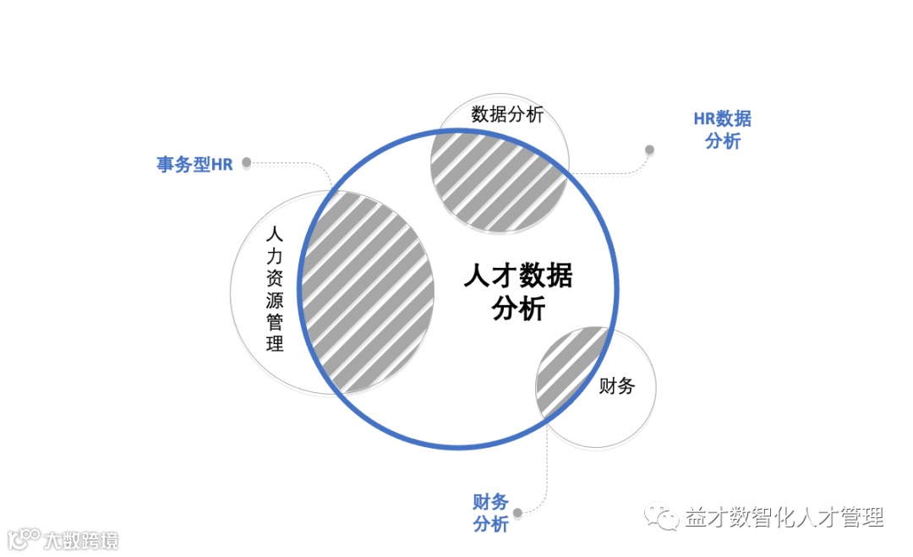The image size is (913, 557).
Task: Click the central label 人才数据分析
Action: click(518, 292)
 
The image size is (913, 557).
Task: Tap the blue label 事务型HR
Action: click(194, 165)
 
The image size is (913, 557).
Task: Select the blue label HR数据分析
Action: click(722, 130)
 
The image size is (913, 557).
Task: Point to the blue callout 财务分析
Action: click(490, 513)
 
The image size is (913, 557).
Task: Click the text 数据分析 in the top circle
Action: click(507, 115)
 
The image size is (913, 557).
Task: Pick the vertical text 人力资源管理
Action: click(273, 288)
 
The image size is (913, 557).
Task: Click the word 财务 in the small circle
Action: click(616, 387)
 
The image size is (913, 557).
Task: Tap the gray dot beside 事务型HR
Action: click(247, 162)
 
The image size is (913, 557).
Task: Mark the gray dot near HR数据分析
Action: click(649, 150)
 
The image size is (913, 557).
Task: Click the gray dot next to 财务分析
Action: click(517, 512)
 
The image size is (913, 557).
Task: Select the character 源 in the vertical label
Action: click(273, 299)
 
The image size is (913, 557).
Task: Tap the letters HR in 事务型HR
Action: click(221, 165)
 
